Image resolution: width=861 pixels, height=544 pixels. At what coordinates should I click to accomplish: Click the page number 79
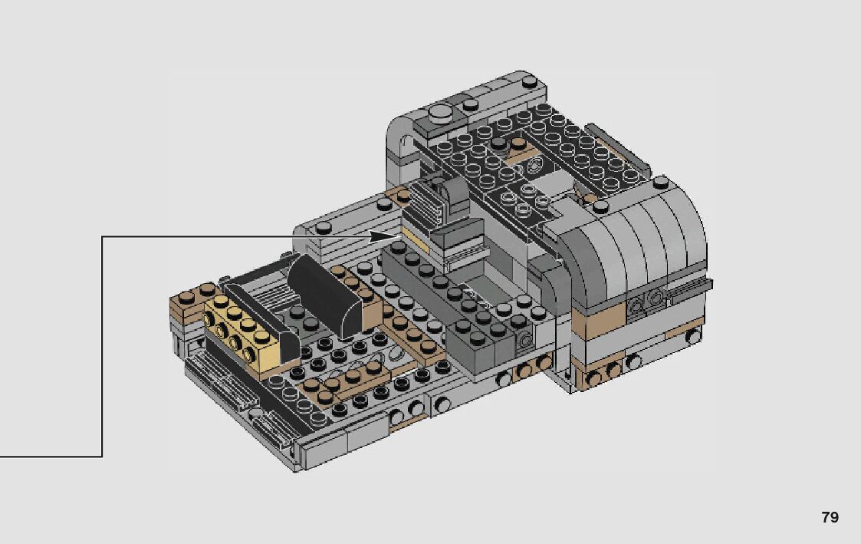click(x=830, y=517)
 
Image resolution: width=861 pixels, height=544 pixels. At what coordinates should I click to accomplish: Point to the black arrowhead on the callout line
click(x=382, y=237)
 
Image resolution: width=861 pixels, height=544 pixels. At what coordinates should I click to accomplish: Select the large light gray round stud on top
click(x=442, y=114)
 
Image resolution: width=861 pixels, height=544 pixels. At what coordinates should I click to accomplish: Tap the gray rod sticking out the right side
click(x=688, y=289)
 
